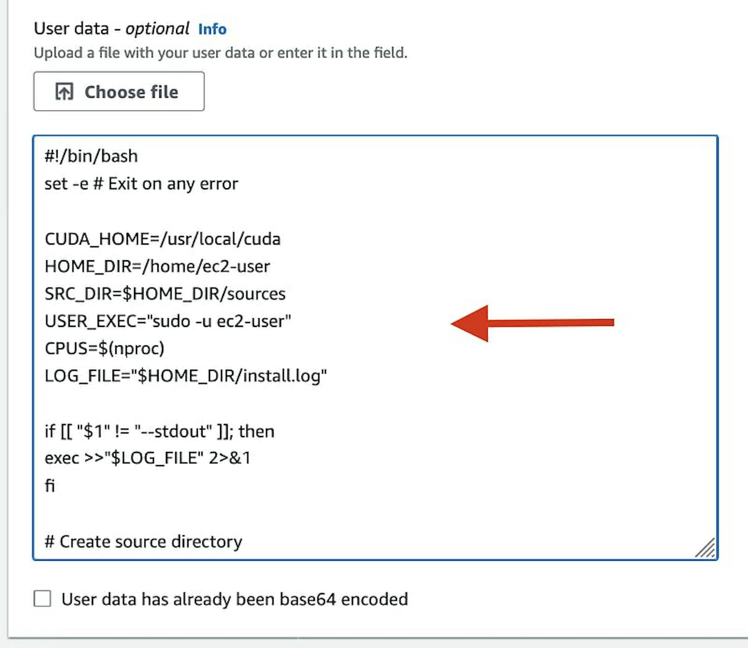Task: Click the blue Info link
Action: point(212,29)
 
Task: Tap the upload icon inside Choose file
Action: point(64,92)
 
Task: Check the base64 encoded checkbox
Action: point(42,599)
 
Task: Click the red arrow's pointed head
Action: point(452,323)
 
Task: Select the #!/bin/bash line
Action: point(91,156)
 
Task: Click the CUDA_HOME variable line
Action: point(162,239)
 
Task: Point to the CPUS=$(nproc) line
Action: point(104,348)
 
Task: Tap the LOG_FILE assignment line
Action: point(186,376)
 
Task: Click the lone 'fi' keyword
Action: point(49,486)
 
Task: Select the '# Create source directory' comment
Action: point(143,542)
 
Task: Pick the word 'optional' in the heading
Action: point(157,29)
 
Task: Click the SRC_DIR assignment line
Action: point(165,294)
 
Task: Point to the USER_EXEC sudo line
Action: point(168,321)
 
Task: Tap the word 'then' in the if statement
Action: point(257,431)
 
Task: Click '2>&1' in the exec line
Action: point(229,458)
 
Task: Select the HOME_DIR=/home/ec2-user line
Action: point(157,267)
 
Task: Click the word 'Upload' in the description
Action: point(58,53)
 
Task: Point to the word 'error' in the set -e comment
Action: point(219,184)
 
